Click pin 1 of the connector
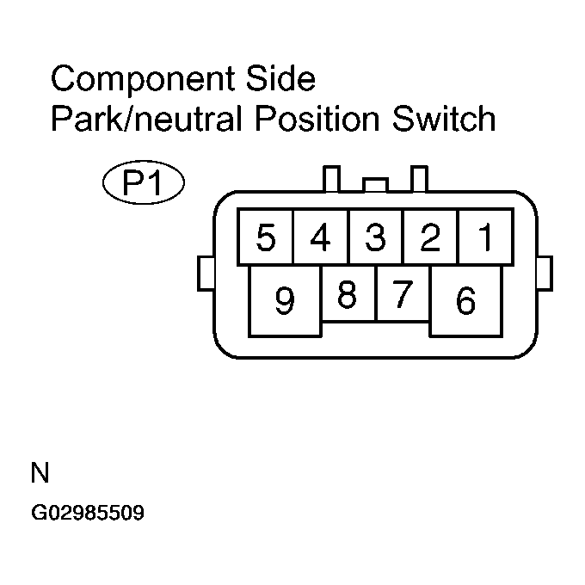point(485,237)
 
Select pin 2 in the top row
point(429,237)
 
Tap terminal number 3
point(375,237)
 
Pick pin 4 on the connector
point(320,237)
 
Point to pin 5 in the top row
point(266,237)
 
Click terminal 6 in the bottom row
point(465,301)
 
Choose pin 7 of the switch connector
point(403,294)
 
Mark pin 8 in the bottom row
point(348,294)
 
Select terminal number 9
point(285,301)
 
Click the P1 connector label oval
point(143,184)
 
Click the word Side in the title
point(285,80)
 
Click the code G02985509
point(87,514)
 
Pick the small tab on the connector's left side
point(205,274)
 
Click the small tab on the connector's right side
point(545,274)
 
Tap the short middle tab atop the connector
point(375,184)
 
